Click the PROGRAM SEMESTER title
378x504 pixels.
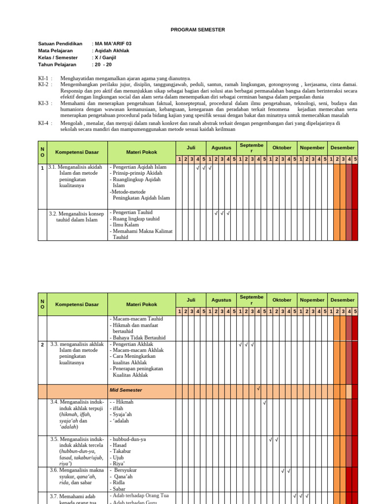point(197,30)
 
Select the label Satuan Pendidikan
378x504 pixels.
point(60,44)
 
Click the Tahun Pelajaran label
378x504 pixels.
point(57,64)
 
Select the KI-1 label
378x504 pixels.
point(43,78)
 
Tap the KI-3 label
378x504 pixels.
point(43,103)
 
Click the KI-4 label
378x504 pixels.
point(43,124)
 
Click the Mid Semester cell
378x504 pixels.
point(126,390)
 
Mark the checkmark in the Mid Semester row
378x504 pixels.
point(258,389)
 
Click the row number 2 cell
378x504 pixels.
point(43,345)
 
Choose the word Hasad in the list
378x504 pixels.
point(120,445)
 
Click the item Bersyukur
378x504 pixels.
point(125,471)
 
